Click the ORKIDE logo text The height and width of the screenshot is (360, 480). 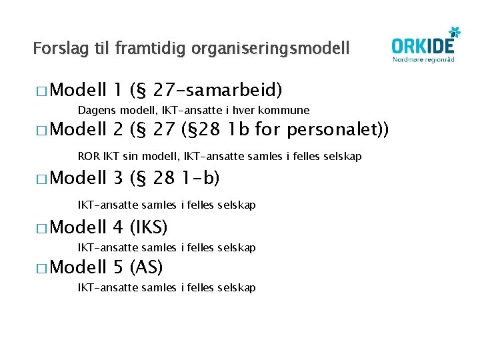[422, 45]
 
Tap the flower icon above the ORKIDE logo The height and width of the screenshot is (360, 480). [454, 31]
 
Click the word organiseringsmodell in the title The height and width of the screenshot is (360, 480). [270, 49]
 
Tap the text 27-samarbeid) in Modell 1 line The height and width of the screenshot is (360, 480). [218, 89]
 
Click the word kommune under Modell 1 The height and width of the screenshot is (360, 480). [287, 110]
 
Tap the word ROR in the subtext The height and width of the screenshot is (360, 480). [88, 157]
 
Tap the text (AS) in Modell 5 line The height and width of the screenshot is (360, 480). [147, 268]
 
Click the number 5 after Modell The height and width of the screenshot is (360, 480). [119, 268]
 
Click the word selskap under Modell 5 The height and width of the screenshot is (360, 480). [236, 288]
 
